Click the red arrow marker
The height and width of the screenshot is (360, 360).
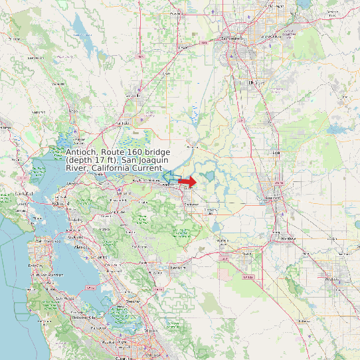click(188, 181)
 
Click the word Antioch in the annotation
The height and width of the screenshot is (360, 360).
click(82, 153)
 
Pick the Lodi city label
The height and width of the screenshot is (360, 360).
click(276, 153)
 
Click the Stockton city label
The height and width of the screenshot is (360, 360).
click(274, 197)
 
